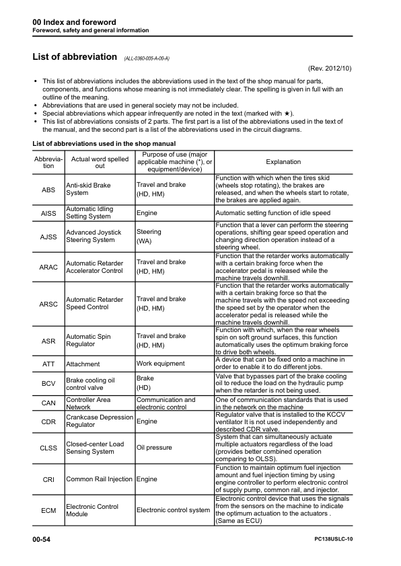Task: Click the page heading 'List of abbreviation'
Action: tap(75, 57)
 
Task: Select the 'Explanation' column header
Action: tap(283, 162)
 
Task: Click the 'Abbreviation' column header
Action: tap(48, 162)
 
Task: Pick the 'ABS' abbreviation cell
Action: tap(48, 190)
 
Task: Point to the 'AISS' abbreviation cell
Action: tap(48, 213)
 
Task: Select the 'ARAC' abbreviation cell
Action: tap(48, 267)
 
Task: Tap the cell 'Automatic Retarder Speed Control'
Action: tap(94, 303)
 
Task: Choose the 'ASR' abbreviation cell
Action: tap(48, 341)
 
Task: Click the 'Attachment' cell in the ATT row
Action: tap(83, 364)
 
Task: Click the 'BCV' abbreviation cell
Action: tap(48, 385)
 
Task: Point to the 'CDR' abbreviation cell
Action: tap(48, 422)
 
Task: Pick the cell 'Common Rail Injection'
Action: tap(99, 480)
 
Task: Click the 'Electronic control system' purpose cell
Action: tap(173, 510)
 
